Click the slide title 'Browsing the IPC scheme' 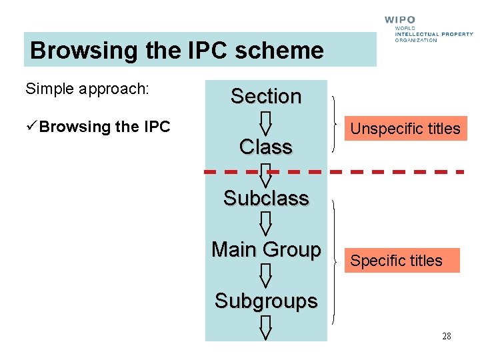177,51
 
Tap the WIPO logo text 399,20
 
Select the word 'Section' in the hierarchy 266,97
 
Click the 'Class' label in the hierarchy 266,147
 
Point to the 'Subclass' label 266,199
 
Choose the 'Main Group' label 266,250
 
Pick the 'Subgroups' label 266,301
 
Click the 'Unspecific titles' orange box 405,129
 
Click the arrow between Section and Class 266,122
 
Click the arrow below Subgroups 266,327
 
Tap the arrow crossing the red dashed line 266,175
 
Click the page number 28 446,336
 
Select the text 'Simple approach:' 87,89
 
